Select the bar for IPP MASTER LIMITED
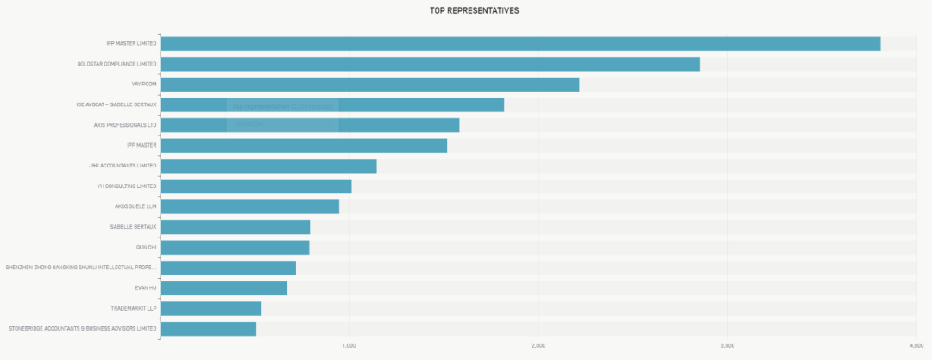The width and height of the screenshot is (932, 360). pos(520,44)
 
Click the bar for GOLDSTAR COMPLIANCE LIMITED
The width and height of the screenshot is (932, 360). pos(430,64)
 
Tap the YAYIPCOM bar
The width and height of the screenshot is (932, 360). pos(369,85)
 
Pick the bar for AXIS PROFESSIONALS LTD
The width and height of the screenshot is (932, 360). pos(310,125)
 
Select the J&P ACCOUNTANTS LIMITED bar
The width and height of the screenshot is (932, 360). pos(268,166)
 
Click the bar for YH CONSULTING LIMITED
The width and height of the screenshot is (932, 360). pos(256,186)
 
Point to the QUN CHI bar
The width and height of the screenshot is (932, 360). pos(235,248)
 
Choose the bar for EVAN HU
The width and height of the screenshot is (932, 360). pos(224,288)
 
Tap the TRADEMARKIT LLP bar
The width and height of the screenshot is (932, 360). pos(211,308)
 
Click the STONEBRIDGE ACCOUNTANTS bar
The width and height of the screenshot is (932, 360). pos(208,329)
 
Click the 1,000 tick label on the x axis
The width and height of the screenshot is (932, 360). pos(349,346)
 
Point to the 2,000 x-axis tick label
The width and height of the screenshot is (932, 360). pos(538,346)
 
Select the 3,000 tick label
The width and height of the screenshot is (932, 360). pos(727,346)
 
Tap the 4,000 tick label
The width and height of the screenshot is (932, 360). pos(916,346)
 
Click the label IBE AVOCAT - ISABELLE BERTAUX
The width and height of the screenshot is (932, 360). pos(116,105)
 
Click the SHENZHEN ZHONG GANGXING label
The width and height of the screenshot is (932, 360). pos(80,268)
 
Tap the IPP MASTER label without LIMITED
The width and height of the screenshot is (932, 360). pos(142,145)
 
